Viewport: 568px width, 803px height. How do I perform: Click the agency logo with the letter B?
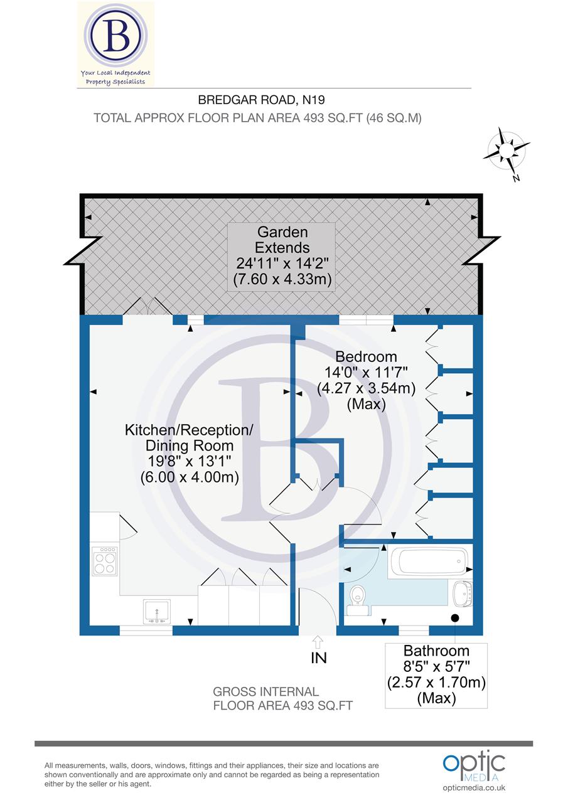pos(115,36)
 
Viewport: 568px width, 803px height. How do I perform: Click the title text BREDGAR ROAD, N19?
pos(261,99)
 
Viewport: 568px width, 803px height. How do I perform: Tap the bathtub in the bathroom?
pos(429,561)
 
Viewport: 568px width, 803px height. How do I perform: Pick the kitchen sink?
pos(156,612)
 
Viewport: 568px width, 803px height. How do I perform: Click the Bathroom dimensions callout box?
pos(436,674)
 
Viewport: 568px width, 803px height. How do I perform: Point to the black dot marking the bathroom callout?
pos(455,618)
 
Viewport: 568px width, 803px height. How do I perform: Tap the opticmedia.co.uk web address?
pos(474,788)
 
